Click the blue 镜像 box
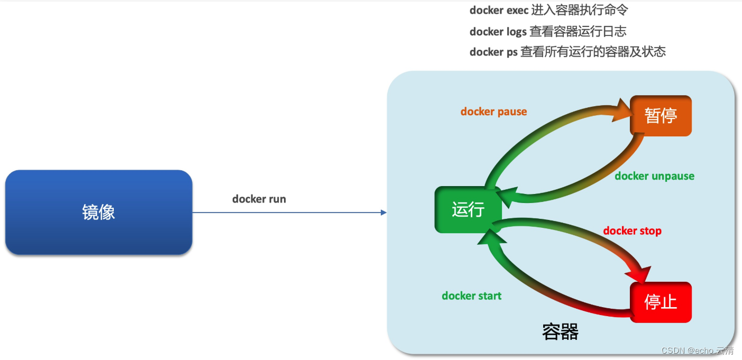(x=98, y=213)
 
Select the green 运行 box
(x=468, y=209)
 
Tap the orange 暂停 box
(x=661, y=116)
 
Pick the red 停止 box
(x=661, y=302)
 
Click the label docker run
(x=259, y=199)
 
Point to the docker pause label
(x=493, y=112)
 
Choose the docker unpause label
(x=654, y=176)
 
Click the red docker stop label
(x=632, y=231)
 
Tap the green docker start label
(x=471, y=296)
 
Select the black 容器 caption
(x=560, y=332)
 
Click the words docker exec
(x=499, y=11)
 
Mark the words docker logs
(x=498, y=32)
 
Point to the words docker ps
(x=493, y=52)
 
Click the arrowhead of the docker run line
(x=384, y=213)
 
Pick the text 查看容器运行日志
(x=578, y=32)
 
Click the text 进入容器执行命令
(x=580, y=11)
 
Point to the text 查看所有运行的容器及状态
(x=593, y=52)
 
